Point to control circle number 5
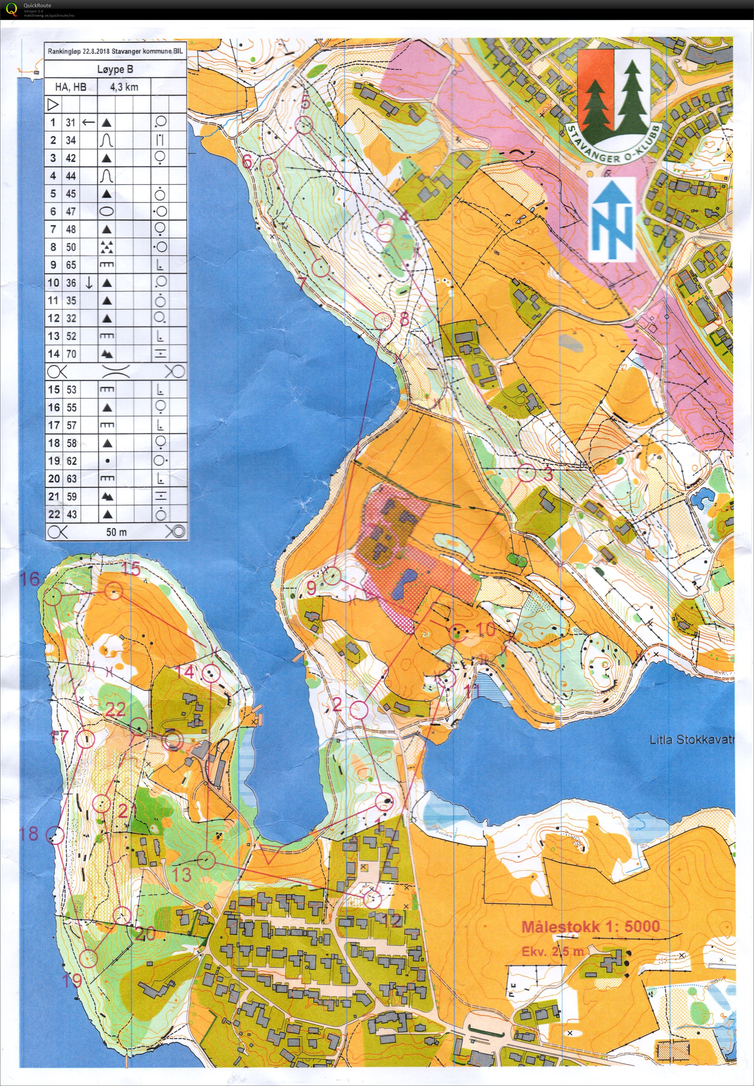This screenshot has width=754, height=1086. click(x=304, y=125)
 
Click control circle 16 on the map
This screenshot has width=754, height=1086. click(x=53, y=597)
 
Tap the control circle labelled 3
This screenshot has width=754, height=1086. click(x=527, y=472)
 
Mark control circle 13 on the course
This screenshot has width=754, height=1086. click(x=206, y=860)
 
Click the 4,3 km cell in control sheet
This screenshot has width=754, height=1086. click(x=124, y=87)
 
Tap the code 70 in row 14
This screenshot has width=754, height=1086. click(x=71, y=354)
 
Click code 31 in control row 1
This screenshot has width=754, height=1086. click(x=71, y=122)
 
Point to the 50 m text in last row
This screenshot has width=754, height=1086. click(x=116, y=532)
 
